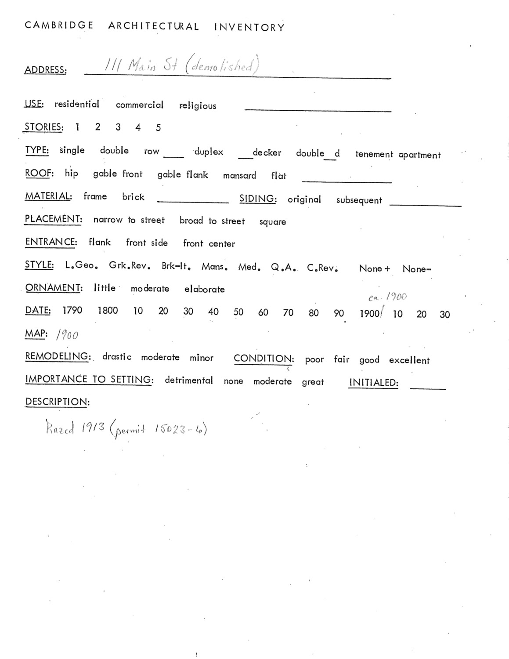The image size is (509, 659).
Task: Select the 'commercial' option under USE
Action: click(x=139, y=105)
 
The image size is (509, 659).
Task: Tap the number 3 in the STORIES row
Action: click(x=118, y=127)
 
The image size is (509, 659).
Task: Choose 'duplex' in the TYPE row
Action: click(x=209, y=152)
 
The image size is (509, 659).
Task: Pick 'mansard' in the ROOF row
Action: click(x=239, y=176)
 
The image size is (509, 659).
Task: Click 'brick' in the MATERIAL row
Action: click(x=133, y=197)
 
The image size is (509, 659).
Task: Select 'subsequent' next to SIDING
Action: click(x=359, y=200)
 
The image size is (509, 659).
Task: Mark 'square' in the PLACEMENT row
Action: click(x=272, y=222)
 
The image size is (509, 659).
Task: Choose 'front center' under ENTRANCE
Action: click(x=209, y=244)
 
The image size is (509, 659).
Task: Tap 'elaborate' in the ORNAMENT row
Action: click(x=204, y=290)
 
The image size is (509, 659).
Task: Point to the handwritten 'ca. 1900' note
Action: click(x=387, y=297)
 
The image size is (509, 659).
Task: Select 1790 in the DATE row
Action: click(x=72, y=311)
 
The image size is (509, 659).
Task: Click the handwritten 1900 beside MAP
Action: click(x=67, y=335)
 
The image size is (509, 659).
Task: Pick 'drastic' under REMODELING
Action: click(x=116, y=357)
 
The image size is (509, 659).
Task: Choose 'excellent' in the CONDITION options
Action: click(x=409, y=361)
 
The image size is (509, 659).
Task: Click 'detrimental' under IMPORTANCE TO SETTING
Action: click(x=188, y=380)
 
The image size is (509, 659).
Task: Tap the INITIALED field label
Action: click(x=373, y=383)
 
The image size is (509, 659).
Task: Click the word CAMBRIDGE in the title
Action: click(x=59, y=25)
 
